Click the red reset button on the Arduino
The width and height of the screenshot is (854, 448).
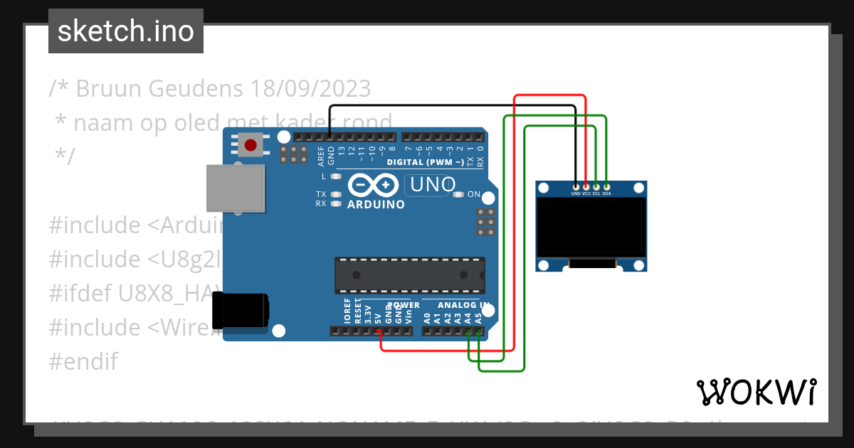[250, 146]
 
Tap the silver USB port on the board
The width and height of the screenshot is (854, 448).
[235, 188]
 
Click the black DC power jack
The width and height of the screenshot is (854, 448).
[241, 311]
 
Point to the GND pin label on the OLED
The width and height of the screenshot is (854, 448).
[576, 193]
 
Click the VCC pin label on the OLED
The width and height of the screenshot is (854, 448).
[586, 193]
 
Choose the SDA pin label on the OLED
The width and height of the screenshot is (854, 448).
[607, 193]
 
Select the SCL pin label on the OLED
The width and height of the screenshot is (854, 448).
[596, 193]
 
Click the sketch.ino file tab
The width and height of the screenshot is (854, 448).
[126, 31]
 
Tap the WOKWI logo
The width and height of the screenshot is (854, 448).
[757, 392]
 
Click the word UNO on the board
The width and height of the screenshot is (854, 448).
[431, 185]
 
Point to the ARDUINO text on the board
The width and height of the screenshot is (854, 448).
[376, 205]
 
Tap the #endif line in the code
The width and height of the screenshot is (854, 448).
[83, 361]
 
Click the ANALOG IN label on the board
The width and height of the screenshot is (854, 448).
[463, 306]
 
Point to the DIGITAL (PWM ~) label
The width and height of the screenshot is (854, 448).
[426, 162]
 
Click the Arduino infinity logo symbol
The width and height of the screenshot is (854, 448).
[374, 186]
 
